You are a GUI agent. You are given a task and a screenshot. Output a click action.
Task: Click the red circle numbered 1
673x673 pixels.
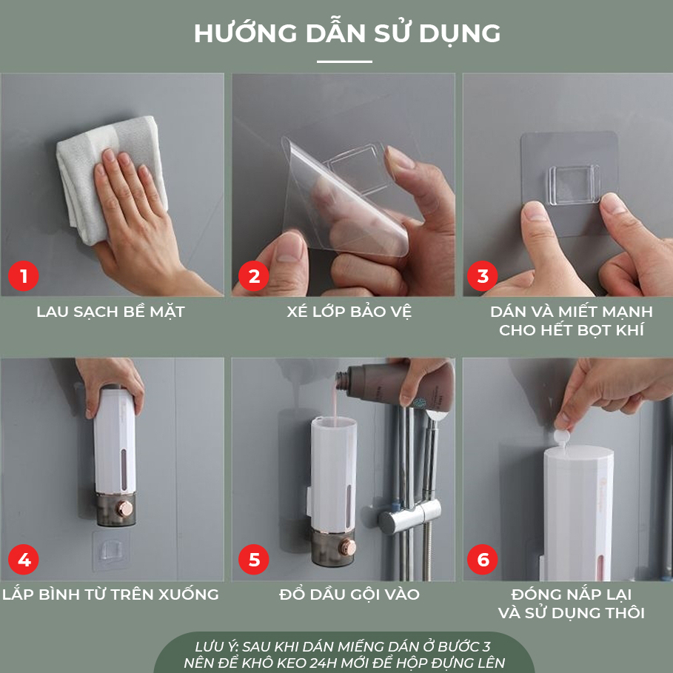click(x=23, y=276)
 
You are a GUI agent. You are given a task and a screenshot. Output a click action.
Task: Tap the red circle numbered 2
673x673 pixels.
click(x=254, y=276)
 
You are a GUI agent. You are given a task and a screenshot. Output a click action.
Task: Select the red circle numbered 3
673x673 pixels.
click(x=483, y=276)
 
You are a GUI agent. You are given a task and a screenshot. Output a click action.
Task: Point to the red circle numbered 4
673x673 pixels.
click(x=23, y=559)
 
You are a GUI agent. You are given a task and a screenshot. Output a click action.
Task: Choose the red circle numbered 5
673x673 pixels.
click(x=254, y=559)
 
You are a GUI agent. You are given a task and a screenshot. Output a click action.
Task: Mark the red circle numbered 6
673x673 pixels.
click(x=483, y=559)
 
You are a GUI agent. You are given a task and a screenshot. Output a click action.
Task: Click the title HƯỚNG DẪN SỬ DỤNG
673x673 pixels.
click(x=347, y=33)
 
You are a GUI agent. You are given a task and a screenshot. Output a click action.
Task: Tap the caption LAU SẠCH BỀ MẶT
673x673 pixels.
click(x=111, y=312)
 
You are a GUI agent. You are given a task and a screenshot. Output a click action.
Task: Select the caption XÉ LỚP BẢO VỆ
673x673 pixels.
click(x=349, y=311)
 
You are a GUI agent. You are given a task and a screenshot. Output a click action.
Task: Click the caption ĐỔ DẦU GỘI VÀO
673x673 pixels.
click(x=349, y=594)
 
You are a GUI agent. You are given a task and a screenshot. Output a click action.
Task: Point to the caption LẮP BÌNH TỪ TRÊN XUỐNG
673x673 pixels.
click(x=111, y=594)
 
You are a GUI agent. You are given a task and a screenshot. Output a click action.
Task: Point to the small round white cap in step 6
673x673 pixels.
click(x=561, y=438)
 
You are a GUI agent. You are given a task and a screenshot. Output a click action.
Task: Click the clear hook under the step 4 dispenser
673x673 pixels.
click(x=111, y=550)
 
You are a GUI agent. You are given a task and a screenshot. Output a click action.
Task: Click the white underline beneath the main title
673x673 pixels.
click(x=344, y=61)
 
